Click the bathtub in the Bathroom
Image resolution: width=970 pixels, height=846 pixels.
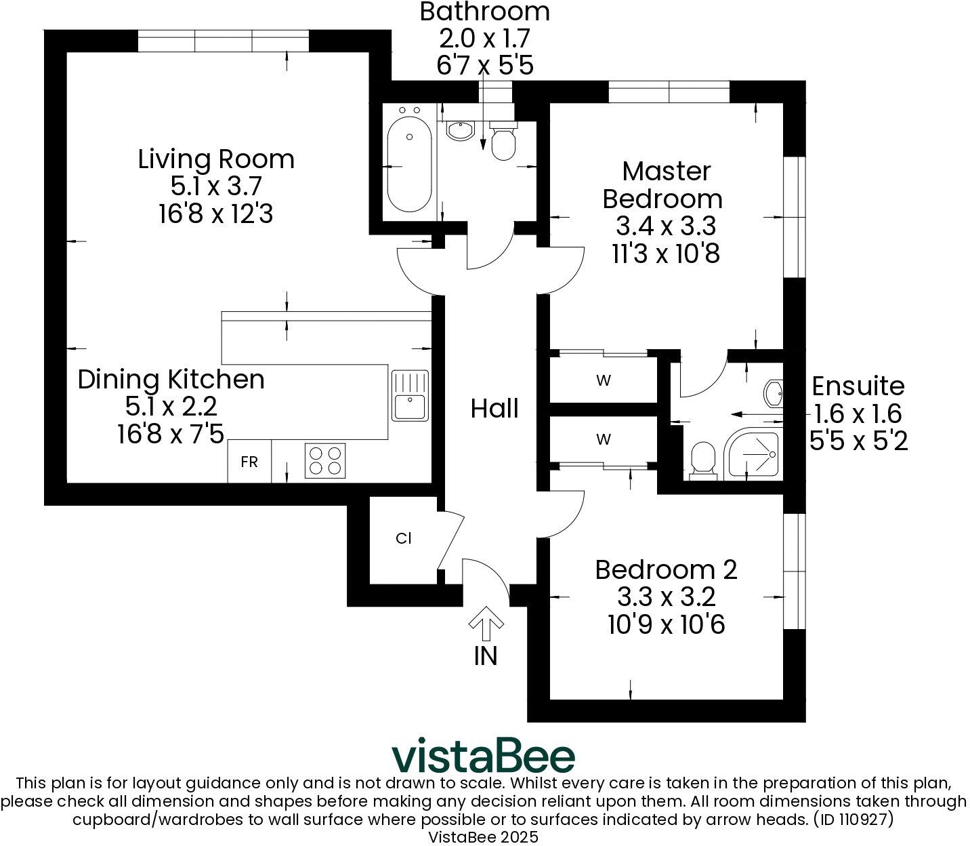click(409, 167)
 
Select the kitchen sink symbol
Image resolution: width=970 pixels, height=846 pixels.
click(410, 395)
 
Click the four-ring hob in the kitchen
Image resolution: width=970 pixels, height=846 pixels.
click(325, 460)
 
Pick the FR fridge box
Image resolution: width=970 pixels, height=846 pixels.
click(249, 462)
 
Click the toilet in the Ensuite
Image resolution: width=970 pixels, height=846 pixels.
click(703, 460)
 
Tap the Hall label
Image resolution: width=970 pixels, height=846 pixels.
click(494, 409)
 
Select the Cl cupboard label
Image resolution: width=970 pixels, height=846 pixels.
click(404, 539)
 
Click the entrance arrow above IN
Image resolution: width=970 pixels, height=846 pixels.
click(485, 624)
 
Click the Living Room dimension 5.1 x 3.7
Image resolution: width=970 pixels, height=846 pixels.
click(217, 186)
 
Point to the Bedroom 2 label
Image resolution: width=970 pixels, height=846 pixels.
click(666, 569)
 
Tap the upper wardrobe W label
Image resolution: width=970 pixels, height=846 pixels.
click(604, 380)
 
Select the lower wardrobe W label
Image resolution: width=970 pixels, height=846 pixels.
click(604, 439)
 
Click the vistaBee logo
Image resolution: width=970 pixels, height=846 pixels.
click(484, 755)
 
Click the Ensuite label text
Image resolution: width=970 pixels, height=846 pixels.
click(858, 386)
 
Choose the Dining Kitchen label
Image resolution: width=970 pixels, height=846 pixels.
click(171, 380)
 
